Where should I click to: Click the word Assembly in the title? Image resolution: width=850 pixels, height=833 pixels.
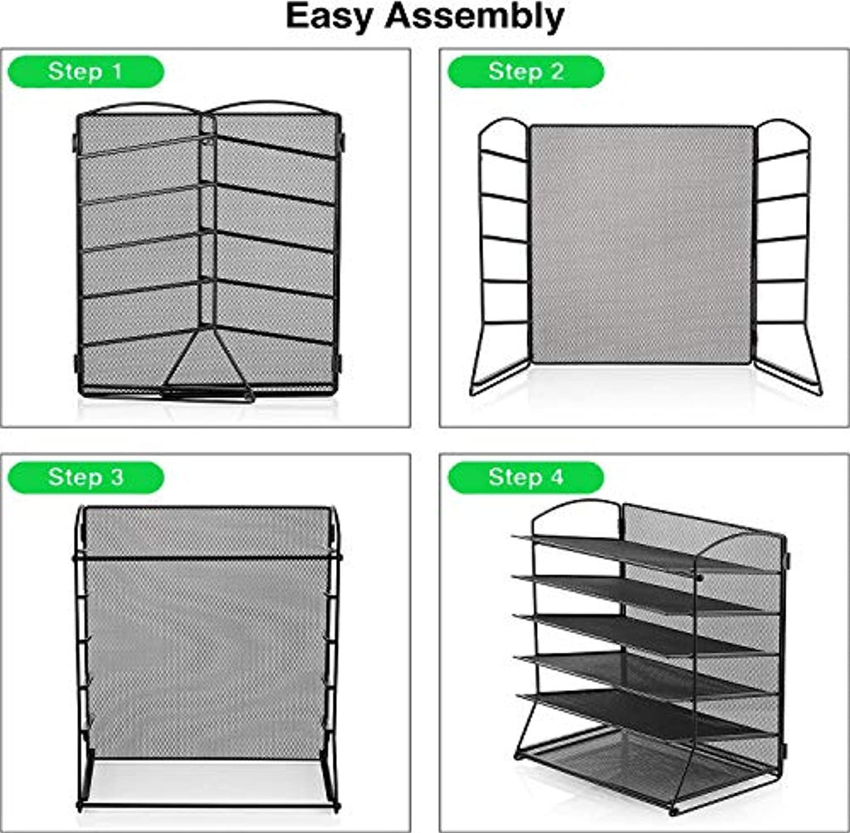tap(474, 17)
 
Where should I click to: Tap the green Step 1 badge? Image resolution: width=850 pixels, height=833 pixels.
tap(85, 71)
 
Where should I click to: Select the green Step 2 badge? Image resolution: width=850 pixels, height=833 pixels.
tap(525, 71)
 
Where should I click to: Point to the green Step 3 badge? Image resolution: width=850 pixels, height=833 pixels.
tap(85, 477)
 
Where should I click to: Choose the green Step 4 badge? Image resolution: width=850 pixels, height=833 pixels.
tap(525, 477)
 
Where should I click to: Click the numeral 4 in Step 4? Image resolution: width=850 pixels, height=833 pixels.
tap(557, 477)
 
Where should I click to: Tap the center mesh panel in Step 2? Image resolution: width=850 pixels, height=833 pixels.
tap(642, 244)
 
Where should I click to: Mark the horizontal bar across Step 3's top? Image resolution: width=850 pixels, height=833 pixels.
tap(207, 557)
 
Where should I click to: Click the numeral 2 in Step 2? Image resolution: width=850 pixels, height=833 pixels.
tap(557, 71)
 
